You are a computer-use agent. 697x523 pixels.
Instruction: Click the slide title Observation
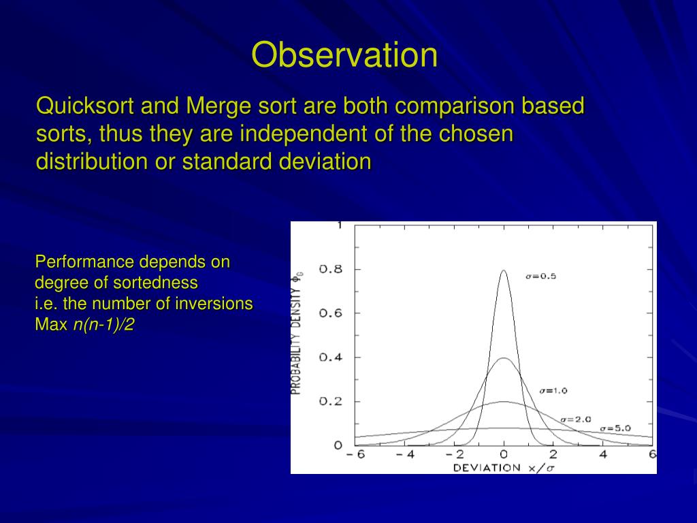click(x=344, y=54)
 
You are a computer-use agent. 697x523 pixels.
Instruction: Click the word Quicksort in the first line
click(x=85, y=106)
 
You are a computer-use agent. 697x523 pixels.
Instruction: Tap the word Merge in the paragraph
click(x=218, y=107)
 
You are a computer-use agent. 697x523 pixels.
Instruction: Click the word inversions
click(x=214, y=303)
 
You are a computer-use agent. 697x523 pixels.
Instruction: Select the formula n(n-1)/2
click(x=103, y=325)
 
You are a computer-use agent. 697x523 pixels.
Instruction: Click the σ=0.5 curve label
click(x=540, y=276)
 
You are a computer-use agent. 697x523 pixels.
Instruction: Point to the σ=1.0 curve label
click(x=553, y=391)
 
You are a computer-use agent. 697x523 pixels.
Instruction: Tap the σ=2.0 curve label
click(x=576, y=419)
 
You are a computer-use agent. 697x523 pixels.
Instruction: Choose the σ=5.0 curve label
click(x=615, y=428)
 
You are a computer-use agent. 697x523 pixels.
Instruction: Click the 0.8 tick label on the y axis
click(x=331, y=269)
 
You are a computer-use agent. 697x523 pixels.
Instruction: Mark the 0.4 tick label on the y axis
click(x=331, y=357)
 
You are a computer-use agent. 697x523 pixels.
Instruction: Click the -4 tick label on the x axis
click(x=405, y=454)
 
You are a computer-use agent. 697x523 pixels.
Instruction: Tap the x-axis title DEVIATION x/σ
click(x=504, y=468)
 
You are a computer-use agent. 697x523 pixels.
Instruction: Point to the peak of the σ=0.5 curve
click(x=504, y=270)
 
